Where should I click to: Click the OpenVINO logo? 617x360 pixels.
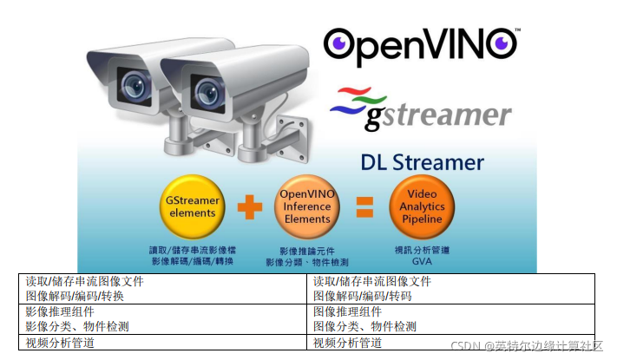coord(421,45)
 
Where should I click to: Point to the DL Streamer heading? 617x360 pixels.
coord(422,163)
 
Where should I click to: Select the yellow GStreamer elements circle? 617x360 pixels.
coord(192,207)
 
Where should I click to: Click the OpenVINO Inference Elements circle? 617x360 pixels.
coord(307,207)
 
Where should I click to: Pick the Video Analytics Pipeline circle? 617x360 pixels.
coord(422,207)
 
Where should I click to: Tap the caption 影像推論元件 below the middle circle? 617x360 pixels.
coord(306,249)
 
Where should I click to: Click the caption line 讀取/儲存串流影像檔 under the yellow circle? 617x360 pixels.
coord(192,249)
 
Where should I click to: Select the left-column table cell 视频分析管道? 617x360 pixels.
coord(60,343)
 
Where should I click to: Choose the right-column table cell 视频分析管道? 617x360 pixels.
coord(347,343)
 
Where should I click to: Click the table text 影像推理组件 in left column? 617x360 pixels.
coord(60,311)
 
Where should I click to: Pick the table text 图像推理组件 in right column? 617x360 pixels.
coord(347,311)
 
